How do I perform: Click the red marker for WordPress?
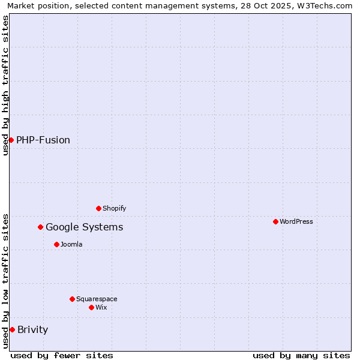click(275, 221)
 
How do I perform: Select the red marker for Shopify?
click(98, 208)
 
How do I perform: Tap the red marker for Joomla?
click(56, 244)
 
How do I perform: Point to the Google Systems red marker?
click(40, 227)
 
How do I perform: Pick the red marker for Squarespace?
click(72, 299)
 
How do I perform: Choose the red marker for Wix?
click(91, 307)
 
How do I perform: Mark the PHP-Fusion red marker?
click(11, 140)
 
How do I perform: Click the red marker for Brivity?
click(12, 329)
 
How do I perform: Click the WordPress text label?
click(296, 221)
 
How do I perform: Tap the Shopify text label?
click(115, 208)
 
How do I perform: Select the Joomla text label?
click(71, 244)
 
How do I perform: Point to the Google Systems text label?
click(85, 227)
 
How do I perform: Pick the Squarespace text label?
click(97, 299)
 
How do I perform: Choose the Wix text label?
click(101, 307)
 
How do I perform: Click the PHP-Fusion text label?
click(43, 140)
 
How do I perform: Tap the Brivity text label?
click(33, 329)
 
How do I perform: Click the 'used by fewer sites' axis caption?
click(62, 355)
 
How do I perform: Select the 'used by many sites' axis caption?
click(301, 355)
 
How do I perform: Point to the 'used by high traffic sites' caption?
click(5, 85)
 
